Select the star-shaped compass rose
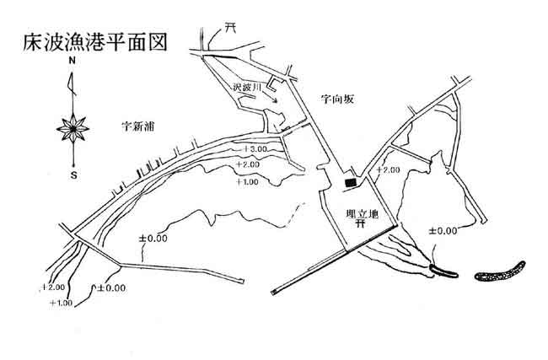73,128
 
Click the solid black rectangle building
350,181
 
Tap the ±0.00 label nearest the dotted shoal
442,230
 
